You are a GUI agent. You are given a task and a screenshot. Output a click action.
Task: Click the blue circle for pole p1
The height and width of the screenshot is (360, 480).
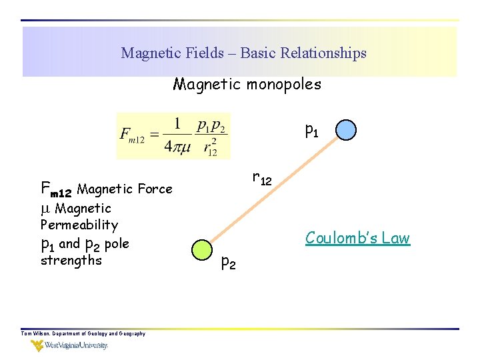[346, 129]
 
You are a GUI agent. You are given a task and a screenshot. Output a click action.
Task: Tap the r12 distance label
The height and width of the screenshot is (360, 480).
[261, 178]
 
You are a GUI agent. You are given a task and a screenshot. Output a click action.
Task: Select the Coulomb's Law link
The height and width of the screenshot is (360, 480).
[357, 238]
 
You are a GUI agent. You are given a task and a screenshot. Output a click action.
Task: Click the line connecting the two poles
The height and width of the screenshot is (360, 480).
[273, 189]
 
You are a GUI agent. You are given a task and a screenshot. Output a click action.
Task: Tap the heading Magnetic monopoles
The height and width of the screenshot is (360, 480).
[247, 85]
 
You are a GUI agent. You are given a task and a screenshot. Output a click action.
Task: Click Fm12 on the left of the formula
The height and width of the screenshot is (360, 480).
[133, 135]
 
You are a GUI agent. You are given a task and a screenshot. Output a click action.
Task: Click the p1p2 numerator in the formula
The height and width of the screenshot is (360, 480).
[211, 125]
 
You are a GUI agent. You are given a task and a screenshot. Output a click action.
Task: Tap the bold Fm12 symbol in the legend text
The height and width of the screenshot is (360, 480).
[56, 189]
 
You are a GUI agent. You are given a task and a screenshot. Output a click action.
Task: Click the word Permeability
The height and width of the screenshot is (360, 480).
[79, 225]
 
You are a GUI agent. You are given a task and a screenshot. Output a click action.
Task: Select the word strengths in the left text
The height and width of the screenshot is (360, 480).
[71, 260]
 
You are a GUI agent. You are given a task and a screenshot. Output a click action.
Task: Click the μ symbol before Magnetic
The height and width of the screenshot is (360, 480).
[45, 209]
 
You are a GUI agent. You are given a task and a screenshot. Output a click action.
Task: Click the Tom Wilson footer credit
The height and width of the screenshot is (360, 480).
[83, 333]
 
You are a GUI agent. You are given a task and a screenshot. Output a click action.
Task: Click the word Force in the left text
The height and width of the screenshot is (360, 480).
[155, 189]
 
